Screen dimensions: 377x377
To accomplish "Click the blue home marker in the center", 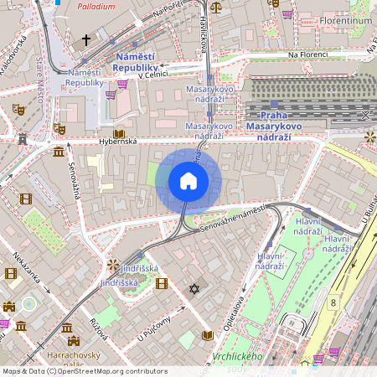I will pyautogui.click(x=188, y=181).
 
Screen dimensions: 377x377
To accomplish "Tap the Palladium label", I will pyautogui.click(x=96, y=6).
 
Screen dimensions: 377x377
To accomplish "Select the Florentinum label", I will pyautogui.click(x=345, y=18).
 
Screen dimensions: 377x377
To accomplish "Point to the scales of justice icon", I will pyautogui.click(x=217, y=7).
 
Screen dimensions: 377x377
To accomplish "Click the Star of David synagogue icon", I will pyautogui.click(x=195, y=289).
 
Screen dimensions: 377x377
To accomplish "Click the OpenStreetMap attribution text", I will pyautogui.click(x=84, y=370).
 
